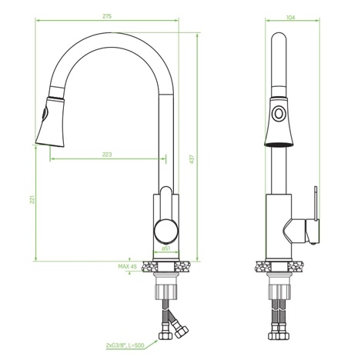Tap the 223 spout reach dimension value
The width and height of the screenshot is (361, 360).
[x=107, y=155]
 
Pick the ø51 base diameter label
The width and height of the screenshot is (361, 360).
[x=166, y=248]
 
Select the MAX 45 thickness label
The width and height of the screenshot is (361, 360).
[x=127, y=266]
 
